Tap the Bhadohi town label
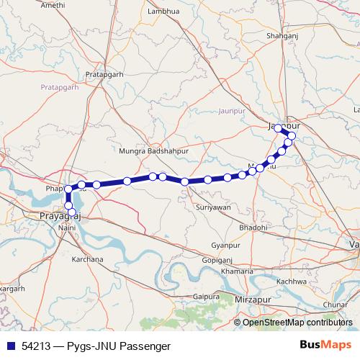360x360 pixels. click(x=253, y=227)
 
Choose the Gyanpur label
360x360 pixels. click(x=226, y=246)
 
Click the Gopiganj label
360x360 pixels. click(x=217, y=259)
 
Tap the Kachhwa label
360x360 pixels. click(x=292, y=281)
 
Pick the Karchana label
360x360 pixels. click(x=89, y=258)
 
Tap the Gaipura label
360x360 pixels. click(x=206, y=296)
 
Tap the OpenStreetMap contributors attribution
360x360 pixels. click(x=297, y=323)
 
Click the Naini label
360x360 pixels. click(x=67, y=228)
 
